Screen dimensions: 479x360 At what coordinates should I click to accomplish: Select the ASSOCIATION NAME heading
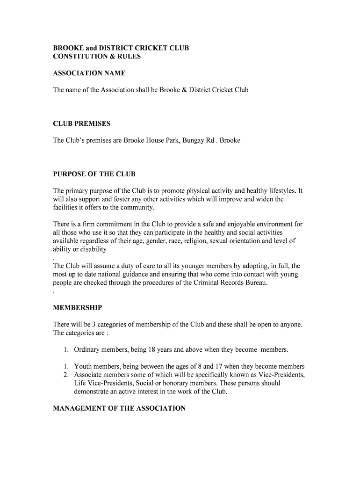89,73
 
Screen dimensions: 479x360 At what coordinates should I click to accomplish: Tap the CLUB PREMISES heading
82,123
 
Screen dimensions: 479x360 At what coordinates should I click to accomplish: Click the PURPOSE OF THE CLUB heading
94,174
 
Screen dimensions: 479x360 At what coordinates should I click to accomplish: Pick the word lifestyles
279,191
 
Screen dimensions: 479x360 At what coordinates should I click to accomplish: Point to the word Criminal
207,283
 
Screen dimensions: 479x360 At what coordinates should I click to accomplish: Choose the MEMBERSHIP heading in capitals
78,308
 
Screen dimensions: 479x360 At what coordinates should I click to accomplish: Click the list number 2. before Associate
66,375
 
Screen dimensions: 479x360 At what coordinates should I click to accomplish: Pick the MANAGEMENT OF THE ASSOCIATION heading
119,408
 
